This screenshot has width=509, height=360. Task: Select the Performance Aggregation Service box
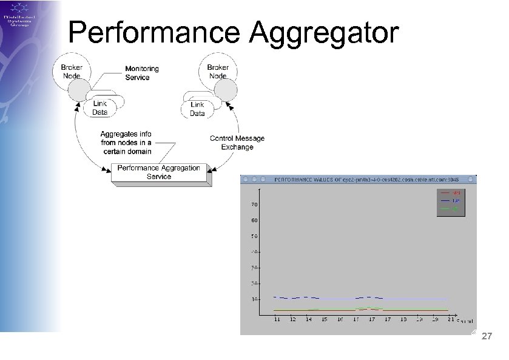coord(159,172)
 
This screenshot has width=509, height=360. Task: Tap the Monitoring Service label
coord(141,73)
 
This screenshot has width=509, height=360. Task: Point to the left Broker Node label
coord(72,72)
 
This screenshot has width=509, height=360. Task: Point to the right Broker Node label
coord(218,72)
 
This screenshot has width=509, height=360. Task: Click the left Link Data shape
coord(100,108)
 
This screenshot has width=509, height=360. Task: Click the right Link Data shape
coord(197,109)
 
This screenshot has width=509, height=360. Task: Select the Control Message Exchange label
coord(237,143)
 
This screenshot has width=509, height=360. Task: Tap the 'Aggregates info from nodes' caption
coord(126,143)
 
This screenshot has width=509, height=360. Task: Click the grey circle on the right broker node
coord(226,92)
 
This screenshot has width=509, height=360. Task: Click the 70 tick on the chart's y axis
coord(255,205)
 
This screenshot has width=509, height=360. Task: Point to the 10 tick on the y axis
coord(255,299)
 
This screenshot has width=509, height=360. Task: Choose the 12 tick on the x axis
coord(293,319)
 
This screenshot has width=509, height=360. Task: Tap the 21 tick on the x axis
coord(448,319)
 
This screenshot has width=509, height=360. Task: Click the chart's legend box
coord(450,202)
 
